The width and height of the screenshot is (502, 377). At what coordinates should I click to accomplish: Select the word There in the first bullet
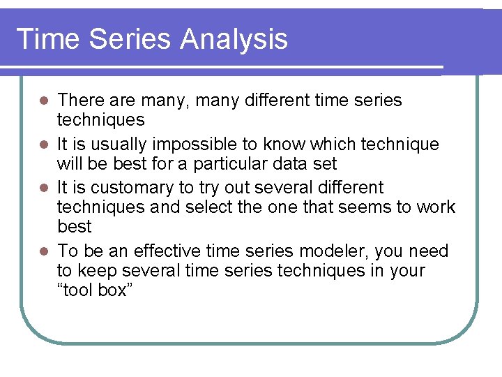tap(79, 101)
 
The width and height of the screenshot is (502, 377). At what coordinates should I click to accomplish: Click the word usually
tap(117, 145)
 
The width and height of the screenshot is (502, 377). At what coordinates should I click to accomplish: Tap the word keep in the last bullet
tap(96, 270)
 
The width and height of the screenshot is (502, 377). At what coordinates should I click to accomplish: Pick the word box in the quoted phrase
tap(111, 290)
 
